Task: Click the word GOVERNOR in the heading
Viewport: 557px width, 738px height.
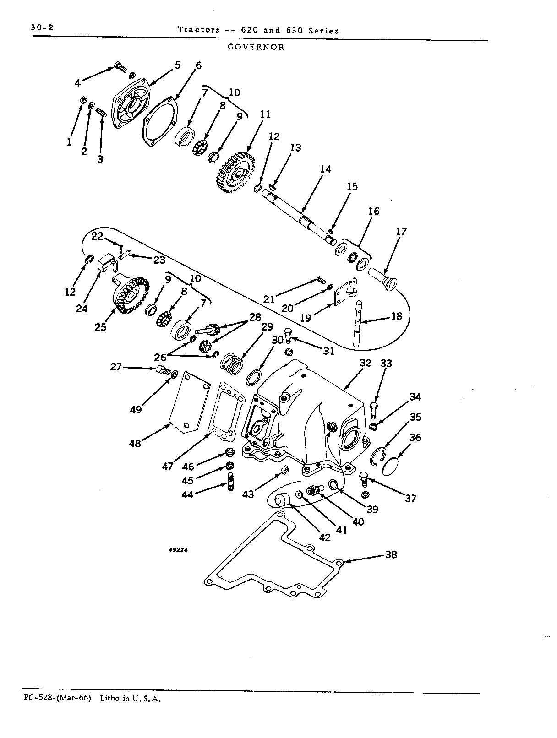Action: point(256,47)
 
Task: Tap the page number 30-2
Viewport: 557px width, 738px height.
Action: point(42,27)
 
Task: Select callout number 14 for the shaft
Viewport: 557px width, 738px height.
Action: point(326,169)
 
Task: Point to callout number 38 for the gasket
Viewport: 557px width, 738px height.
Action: point(391,554)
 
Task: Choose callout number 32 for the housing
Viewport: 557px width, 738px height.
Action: point(365,363)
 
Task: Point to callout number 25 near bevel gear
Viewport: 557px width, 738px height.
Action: point(101,327)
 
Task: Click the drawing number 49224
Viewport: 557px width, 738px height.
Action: point(178,550)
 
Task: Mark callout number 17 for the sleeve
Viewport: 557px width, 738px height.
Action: point(401,231)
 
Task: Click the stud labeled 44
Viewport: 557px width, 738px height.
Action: point(230,482)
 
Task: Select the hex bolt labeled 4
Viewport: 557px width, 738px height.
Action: point(120,66)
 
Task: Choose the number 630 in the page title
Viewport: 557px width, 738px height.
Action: point(295,30)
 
